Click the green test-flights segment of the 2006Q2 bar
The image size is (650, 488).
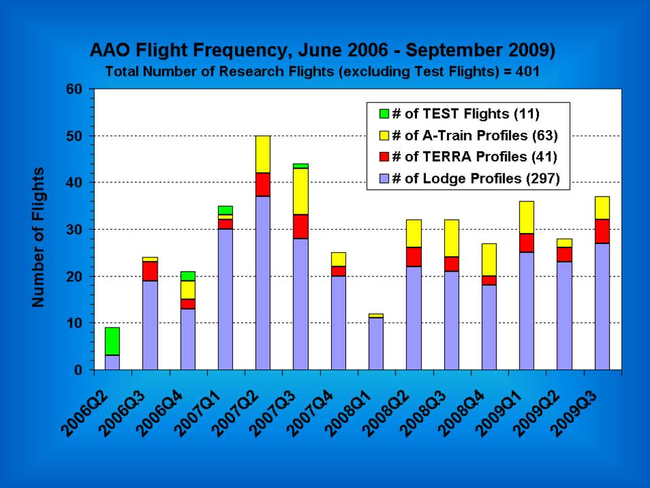(x=112, y=341)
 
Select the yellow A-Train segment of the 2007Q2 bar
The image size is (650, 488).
(x=263, y=154)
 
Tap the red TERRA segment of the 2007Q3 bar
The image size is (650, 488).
(x=301, y=226)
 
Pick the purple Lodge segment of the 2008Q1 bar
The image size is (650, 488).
(x=376, y=344)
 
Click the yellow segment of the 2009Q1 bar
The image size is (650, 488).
(x=527, y=218)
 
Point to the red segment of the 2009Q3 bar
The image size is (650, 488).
(x=603, y=231)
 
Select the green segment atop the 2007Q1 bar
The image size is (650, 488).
(x=225, y=210)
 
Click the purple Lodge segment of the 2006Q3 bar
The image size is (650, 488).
(x=150, y=325)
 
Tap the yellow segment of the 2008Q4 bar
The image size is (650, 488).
(x=489, y=260)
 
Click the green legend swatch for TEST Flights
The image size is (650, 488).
(x=385, y=114)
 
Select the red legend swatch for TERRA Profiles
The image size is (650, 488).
(x=385, y=157)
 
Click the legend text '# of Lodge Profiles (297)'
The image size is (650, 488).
(x=476, y=178)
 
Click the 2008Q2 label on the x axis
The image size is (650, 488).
(x=385, y=413)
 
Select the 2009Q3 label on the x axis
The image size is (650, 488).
(x=573, y=413)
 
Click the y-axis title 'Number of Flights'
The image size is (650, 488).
(x=38, y=237)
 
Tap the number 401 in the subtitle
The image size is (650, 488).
(x=527, y=71)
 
